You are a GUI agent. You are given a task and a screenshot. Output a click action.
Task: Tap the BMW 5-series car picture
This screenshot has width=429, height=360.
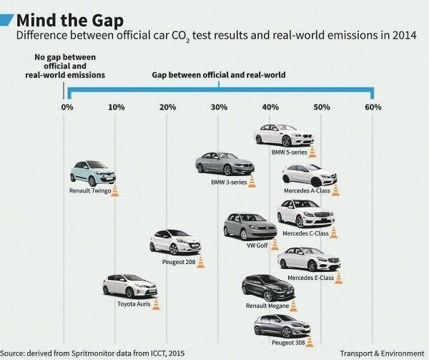coord(284,135)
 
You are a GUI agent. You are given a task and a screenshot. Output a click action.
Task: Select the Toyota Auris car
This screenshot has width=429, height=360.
coord(129,286)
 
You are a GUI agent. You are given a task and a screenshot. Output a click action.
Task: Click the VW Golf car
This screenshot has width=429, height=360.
coord(250,227)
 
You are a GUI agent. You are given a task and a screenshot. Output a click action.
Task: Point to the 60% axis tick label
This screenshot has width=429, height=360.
coord(373,107)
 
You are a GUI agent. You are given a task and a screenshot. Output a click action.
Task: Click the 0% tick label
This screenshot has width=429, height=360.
coord(66,107)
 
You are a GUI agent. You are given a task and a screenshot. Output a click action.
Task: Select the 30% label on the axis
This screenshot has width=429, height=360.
coord(220,107)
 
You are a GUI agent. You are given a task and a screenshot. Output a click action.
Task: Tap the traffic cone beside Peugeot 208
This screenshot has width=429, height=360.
coord(201,262)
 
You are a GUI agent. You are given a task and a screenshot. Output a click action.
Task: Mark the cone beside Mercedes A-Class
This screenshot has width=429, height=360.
coord(336,190)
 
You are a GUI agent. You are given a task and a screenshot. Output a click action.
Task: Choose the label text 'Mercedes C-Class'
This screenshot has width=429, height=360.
coord(305,233)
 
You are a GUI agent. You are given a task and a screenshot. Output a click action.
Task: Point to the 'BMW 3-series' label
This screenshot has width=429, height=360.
coord(229,183)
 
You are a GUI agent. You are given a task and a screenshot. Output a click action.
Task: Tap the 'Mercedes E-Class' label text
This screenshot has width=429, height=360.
coord(310,278)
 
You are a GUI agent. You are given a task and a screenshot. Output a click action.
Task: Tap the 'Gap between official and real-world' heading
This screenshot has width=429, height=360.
coord(219,74)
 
